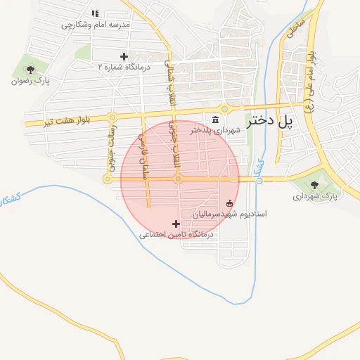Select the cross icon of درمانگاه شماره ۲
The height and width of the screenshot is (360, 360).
[124, 56]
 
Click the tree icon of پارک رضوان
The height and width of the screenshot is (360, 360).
[30, 69]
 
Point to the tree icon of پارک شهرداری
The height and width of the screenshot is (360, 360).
[314, 185]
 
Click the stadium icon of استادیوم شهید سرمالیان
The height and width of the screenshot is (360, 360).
[229, 202]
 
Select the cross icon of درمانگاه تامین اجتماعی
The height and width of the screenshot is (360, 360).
[175, 224]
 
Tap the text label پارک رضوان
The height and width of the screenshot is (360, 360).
[29, 80]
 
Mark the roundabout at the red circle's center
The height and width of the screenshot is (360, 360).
[179, 179]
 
